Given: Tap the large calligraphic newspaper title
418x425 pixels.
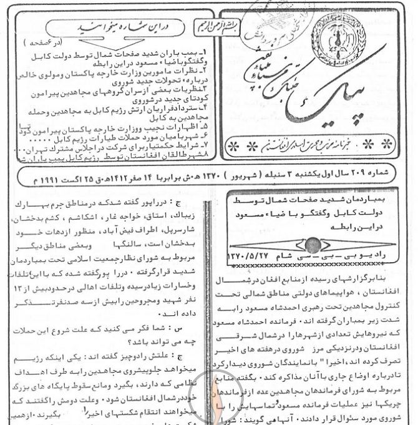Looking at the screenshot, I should tap(299, 94).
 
